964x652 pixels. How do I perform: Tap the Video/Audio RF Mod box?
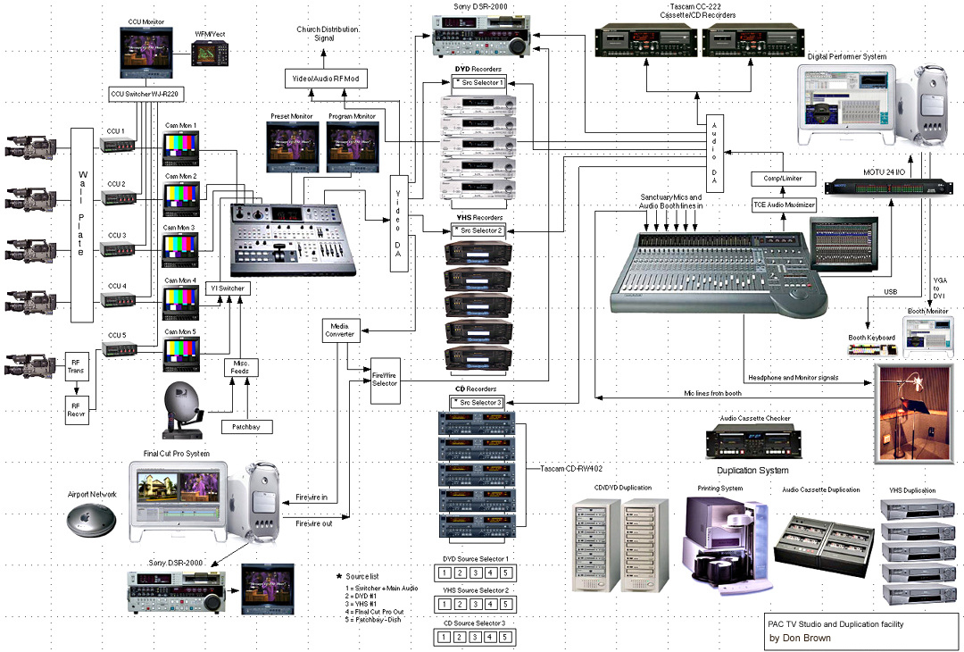[327, 79]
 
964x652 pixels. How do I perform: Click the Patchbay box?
[245, 427]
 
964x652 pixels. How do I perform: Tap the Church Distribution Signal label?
[328, 35]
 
